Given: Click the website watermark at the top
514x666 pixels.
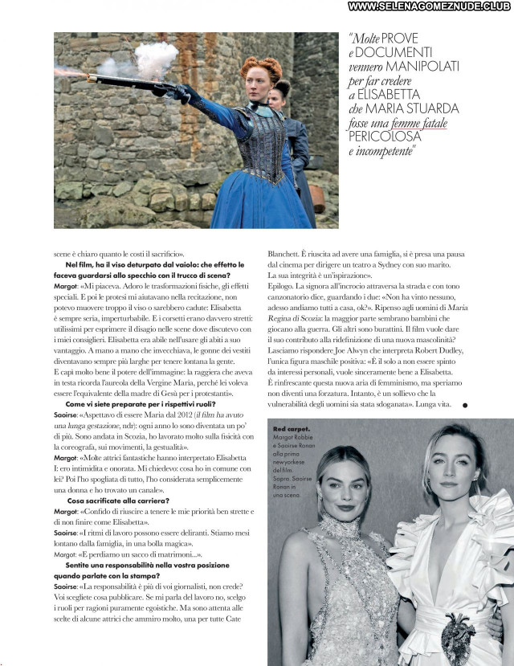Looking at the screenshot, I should click(x=430, y=6).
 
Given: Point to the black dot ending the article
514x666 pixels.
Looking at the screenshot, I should click(x=465, y=407).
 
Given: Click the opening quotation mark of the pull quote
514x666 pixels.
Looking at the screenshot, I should click(x=351, y=38).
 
